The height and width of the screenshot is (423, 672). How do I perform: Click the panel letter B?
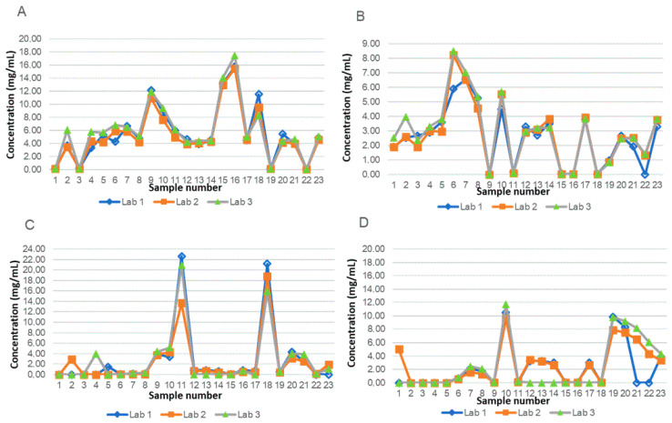(x=360, y=16)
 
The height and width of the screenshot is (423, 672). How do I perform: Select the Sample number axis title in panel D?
(x=511, y=400)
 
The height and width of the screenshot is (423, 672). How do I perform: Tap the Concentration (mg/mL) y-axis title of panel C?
(x=10, y=310)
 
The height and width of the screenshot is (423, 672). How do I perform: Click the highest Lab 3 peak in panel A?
(x=235, y=56)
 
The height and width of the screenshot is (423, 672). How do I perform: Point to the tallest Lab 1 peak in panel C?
(x=182, y=257)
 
